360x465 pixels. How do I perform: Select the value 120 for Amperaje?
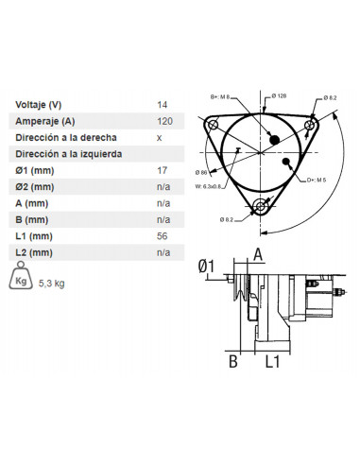pos(163,121)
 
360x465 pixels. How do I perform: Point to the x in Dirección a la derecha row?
pos(159,137)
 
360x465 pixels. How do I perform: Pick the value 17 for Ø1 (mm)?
pos(162,171)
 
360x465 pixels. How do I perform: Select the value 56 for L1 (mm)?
pos(162,236)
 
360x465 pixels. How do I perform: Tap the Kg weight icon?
pos(23,279)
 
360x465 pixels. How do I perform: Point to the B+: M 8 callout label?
pos(219,95)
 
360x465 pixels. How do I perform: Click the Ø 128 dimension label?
pos(280,96)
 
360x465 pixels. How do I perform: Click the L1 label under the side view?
pos(271,361)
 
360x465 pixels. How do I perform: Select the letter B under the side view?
pos(231,360)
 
